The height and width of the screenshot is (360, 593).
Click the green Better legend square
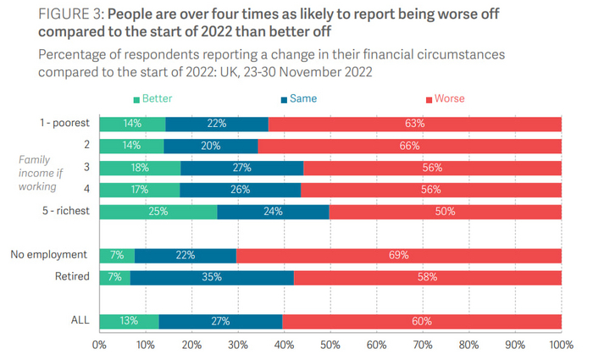[136, 99]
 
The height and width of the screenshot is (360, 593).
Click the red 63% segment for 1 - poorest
[414, 124]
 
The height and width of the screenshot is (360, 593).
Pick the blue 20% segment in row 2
[210, 146]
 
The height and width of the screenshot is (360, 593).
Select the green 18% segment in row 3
[140, 168]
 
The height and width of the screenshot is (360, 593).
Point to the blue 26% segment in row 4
[241, 190]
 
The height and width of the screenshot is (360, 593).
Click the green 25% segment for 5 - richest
[158, 212]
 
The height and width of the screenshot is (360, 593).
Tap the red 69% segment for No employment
[399, 255]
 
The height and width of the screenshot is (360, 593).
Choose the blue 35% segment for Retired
[212, 277]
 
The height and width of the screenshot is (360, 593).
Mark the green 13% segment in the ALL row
[129, 321]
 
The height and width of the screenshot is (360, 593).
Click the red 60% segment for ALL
[422, 321]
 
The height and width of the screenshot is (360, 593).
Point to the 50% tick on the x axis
[330, 345]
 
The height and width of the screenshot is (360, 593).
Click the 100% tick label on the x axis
[560, 345]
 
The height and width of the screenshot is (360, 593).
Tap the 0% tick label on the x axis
[99, 345]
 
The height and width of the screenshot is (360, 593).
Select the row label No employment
[49, 255]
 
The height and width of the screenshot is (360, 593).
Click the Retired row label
[72, 277]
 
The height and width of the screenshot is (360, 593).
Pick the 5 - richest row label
[63, 212]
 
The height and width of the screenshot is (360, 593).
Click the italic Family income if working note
[38, 172]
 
